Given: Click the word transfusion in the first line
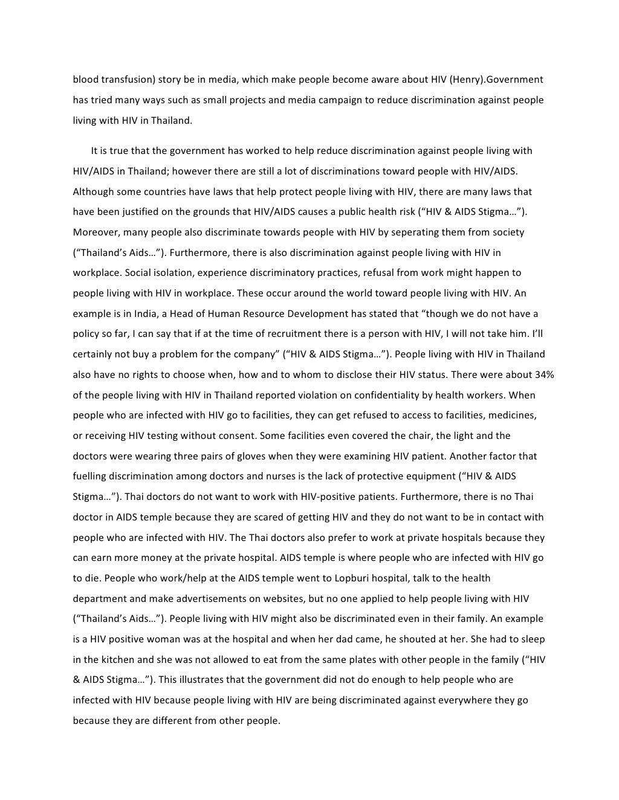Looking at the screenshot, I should [x=125, y=80].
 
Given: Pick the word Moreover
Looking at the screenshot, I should [x=94, y=232].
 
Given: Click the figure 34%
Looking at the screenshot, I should [x=544, y=374].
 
